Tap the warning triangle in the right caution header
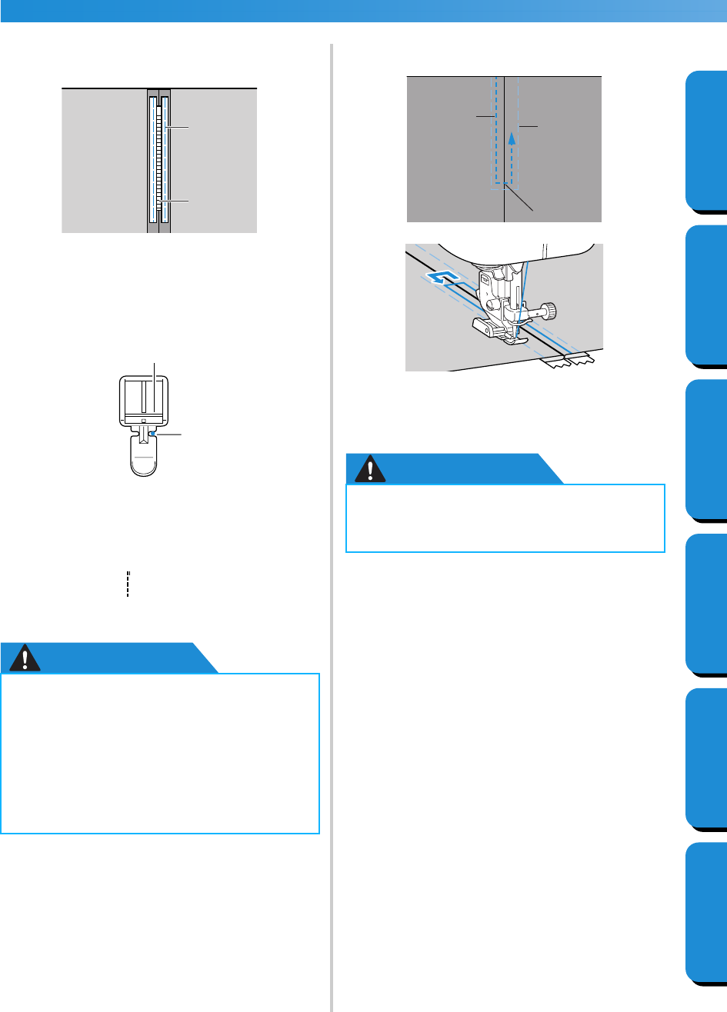(x=374, y=469)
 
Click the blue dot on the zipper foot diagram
(x=154, y=434)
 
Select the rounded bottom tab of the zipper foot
(x=143, y=464)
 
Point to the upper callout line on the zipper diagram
(x=178, y=127)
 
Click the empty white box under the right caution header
(x=505, y=518)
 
